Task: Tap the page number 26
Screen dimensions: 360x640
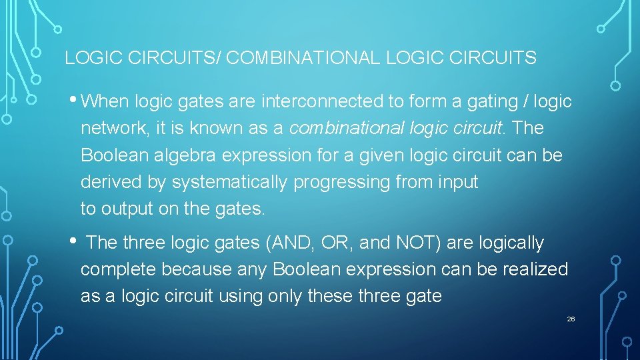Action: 571,319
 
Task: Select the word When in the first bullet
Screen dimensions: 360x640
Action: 109,102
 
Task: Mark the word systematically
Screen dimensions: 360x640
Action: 229,182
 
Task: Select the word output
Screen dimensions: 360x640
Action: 127,209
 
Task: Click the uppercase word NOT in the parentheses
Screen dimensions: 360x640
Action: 415,243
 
